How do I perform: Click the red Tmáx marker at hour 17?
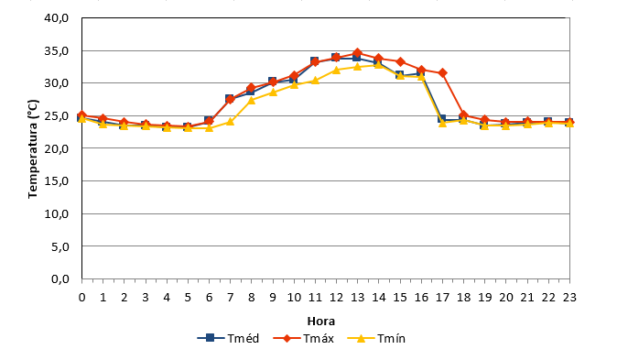click(x=442, y=73)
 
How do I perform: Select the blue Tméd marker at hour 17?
click(x=441, y=118)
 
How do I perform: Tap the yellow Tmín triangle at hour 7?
click(x=230, y=121)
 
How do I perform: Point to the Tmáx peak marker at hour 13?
click(x=357, y=53)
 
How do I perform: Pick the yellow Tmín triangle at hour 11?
click(x=315, y=81)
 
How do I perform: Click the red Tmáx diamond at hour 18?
click(x=463, y=115)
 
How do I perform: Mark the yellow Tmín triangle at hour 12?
click(x=337, y=70)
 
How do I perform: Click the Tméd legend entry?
click(x=228, y=338)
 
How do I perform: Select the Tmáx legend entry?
click(x=303, y=338)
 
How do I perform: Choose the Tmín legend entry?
click(x=376, y=338)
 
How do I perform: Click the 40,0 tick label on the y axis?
click(x=56, y=18)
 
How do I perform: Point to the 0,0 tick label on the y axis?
click(x=60, y=278)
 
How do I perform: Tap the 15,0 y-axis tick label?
click(x=56, y=180)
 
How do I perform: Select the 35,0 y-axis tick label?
click(x=56, y=50)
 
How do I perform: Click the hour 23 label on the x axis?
click(x=569, y=298)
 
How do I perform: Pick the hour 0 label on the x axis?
click(x=81, y=298)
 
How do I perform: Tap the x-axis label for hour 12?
click(x=337, y=298)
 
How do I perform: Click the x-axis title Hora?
click(x=321, y=321)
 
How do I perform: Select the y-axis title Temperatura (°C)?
click(x=33, y=149)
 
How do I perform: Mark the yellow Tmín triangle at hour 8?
click(x=252, y=100)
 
